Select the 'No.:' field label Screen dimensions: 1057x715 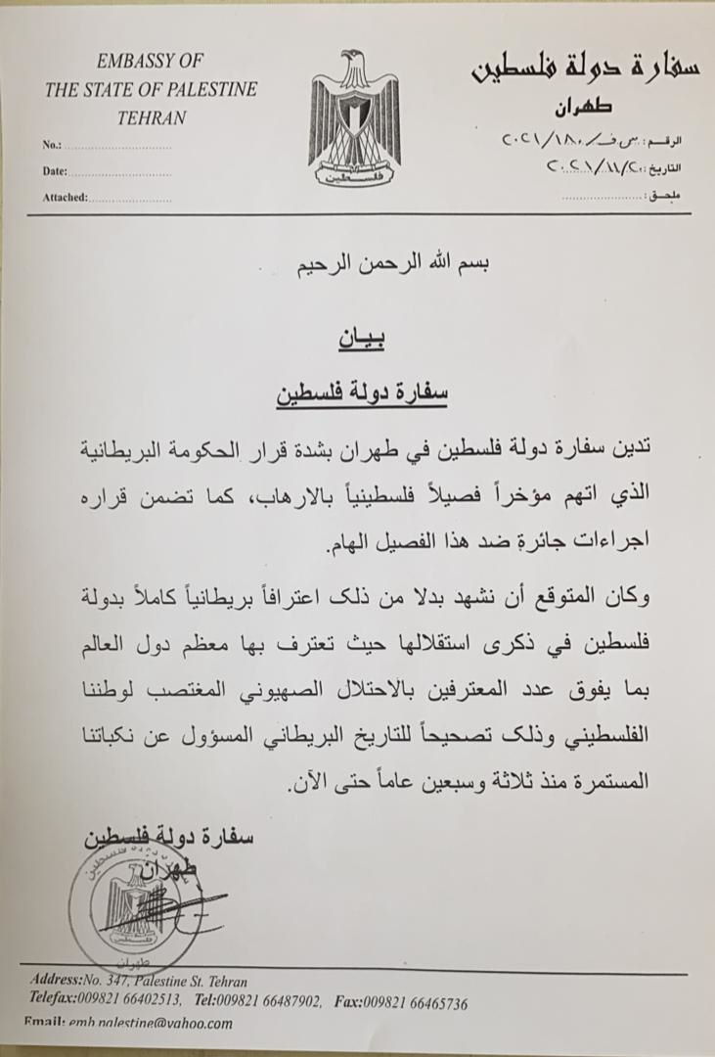point(53,145)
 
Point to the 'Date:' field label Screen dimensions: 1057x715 point(55,170)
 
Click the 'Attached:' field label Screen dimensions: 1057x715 point(66,197)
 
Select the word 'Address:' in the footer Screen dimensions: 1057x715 point(60,981)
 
